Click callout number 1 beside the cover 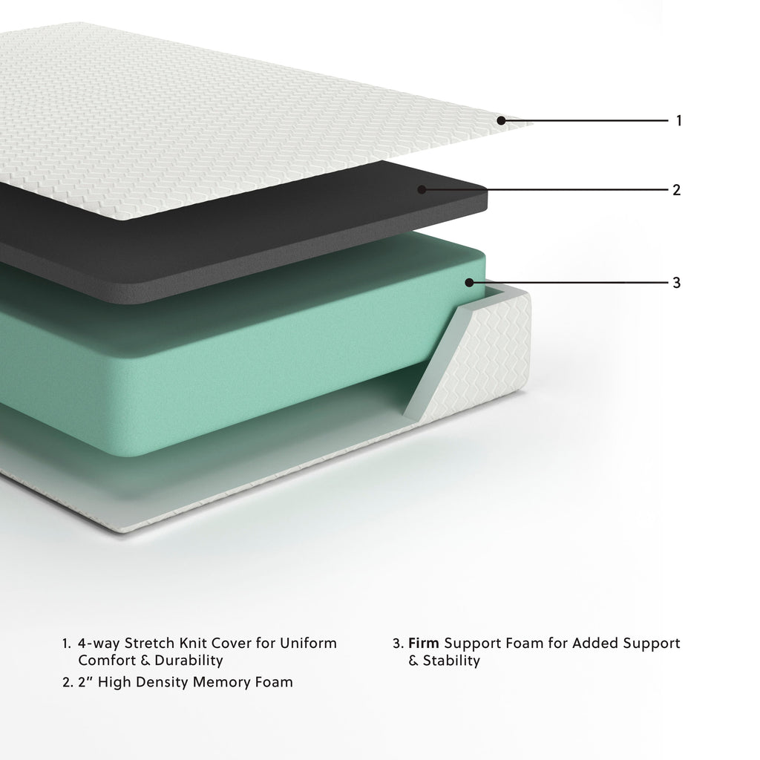[678, 120]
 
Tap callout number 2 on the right [676, 190]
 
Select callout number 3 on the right [676, 283]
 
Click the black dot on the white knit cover [502, 120]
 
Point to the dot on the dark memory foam [422, 190]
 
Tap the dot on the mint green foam [469, 282]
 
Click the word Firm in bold [424, 643]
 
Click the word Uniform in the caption [307, 643]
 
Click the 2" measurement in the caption [85, 682]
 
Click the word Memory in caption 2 [224, 682]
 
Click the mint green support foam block [223, 371]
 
